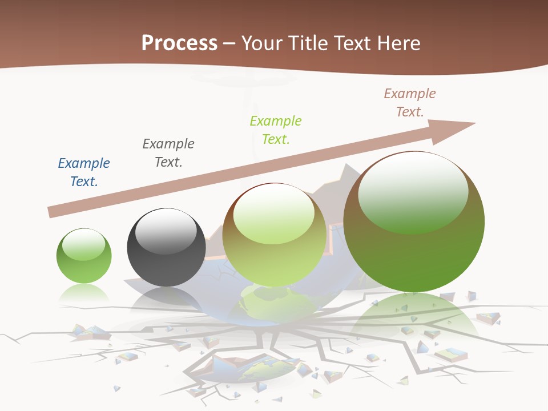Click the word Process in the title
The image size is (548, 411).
coord(179,43)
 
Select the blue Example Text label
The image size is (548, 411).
coord(84,172)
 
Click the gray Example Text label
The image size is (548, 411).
coord(168,152)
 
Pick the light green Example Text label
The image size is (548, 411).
coord(276,130)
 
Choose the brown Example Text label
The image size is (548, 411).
coord(410,102)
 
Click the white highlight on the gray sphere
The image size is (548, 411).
coord(166,231)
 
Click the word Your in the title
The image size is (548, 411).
coord(261,43)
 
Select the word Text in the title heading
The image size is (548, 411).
coord(350,43)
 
